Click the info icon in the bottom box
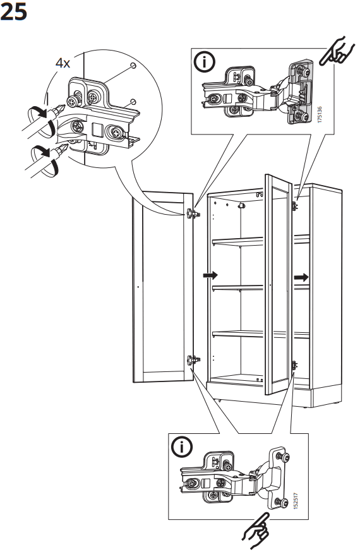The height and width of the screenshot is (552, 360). coord(184,447)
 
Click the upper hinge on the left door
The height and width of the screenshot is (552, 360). coord(193,213)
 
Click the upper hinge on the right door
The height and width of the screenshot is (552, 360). coord(294,205)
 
